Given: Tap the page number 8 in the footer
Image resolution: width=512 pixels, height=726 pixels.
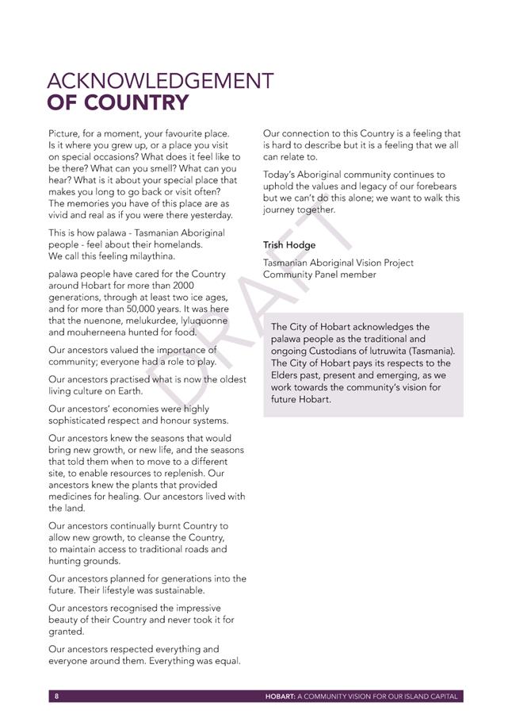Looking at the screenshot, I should [x=56, y=696].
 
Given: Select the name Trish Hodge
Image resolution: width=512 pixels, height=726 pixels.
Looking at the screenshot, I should [x=289, y=245].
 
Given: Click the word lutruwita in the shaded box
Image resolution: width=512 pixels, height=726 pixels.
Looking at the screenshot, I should [x=392, y=351].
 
